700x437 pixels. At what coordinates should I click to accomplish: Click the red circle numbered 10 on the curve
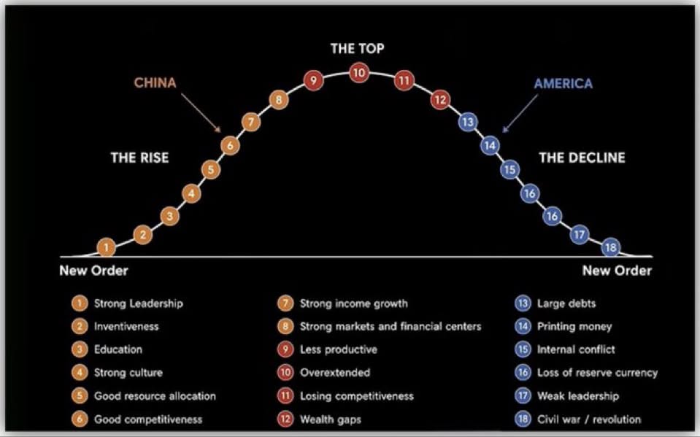pyautogui.click(x=359, y=73)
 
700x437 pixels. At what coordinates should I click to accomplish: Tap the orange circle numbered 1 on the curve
pyautogui.click(x=107, y=247)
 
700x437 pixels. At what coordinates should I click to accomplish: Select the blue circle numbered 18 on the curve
pyautogui.click(x=611, y=247)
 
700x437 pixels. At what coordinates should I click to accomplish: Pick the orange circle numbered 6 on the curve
pyautogui.click(x=230, y=145)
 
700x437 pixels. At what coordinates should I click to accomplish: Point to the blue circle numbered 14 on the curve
pyautogui.click(x=490, y=145)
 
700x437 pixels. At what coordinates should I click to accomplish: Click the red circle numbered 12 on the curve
pyautogui.click(x=440, y=99)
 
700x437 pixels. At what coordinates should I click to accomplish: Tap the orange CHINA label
pyautogui.click(x=155, y=82)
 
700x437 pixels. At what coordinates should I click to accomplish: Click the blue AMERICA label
pyautogui.click(x=564, y=83)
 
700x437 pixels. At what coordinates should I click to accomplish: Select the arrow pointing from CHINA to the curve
pyautogui.click(x=201, y=113)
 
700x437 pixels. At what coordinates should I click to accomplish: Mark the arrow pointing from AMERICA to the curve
pyautogui.click(x=520, y=113)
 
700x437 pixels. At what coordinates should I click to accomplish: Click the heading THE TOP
pyautogui.click(x=357, y=48)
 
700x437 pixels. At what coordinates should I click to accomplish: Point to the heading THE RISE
pyautogui.click(x=139, y=158)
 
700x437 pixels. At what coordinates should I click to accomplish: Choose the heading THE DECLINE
pyautogui.click(x=582, y=158)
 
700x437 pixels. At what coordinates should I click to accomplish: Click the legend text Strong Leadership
pyautogui.click(x=139, y=303)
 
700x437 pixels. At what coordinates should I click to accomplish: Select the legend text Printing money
pyautogui.click(x=574, y=327)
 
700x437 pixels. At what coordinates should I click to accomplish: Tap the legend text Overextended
pyautogui.click(x=335, y=373)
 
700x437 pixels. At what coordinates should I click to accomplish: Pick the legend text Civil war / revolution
pyautogui.click(x=589, y=419)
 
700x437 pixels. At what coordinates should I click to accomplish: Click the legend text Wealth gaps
pyautogui.click(x=331, y=419)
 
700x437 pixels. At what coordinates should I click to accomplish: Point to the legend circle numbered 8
pyautogui.click(x=285, y=326)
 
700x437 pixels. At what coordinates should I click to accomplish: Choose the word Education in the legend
pyautogui.click(x=118, y=349)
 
